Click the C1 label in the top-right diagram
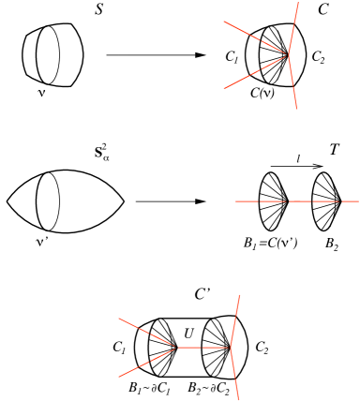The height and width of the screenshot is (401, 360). click(231, 55)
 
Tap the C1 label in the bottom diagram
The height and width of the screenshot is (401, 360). click(118, 349)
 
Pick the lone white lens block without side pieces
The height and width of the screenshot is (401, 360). click(57, 201)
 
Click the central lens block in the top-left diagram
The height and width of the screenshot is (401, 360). click(57, 55)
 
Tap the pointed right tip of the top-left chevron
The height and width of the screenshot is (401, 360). click(128, 55)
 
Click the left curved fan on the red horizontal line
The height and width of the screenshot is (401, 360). click(280, 201)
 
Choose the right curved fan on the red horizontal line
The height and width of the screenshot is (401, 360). click(334, 201)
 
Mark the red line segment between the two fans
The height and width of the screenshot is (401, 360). click(307, 201)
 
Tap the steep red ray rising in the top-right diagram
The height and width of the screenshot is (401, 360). click(294, 23)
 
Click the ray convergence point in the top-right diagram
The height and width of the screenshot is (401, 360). click(288, 54)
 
